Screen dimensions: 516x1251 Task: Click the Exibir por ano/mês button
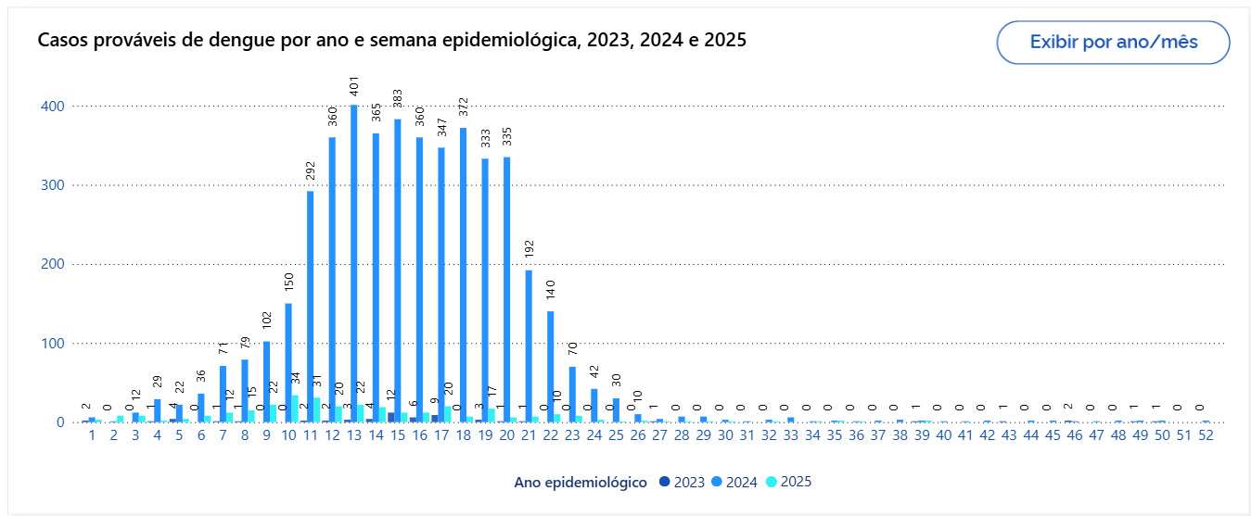pyautogui.click(x=1113, y=43)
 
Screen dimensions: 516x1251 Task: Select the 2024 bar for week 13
pyautogui.click(x=353, y=264)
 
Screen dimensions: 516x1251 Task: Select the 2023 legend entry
pyautogui.click(x=682, y=482)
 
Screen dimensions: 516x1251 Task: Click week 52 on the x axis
pyautogui.click(x=1206, y=435)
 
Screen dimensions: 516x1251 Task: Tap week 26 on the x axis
pyautogui.click(x=637, y=435)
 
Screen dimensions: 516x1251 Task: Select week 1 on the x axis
pyautogui.click(x=91, y=435)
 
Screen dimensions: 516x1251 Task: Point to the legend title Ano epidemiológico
pyautogui.click(x=581, y=482)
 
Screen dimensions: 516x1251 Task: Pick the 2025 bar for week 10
pyautogui.click(x=295, y=409)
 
